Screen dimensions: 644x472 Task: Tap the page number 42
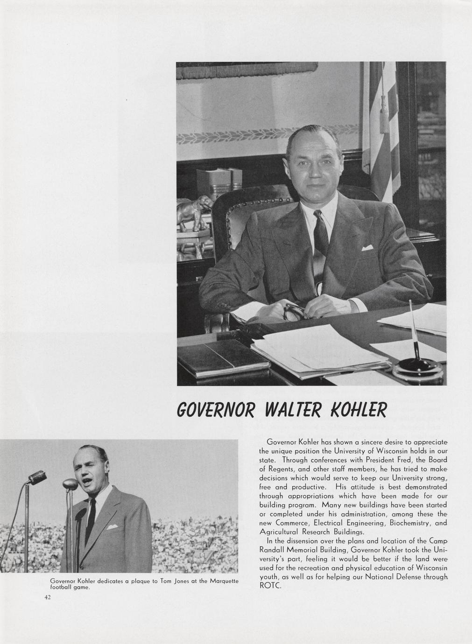click(47, 597)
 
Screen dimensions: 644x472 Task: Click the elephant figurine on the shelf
click(195, 212)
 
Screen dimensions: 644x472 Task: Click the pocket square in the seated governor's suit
click(367, 248)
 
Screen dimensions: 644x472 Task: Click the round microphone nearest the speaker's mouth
click(70, 484)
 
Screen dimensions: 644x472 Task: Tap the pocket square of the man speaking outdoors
click(112, 527)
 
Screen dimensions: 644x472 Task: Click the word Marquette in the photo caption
click(224, 581)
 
